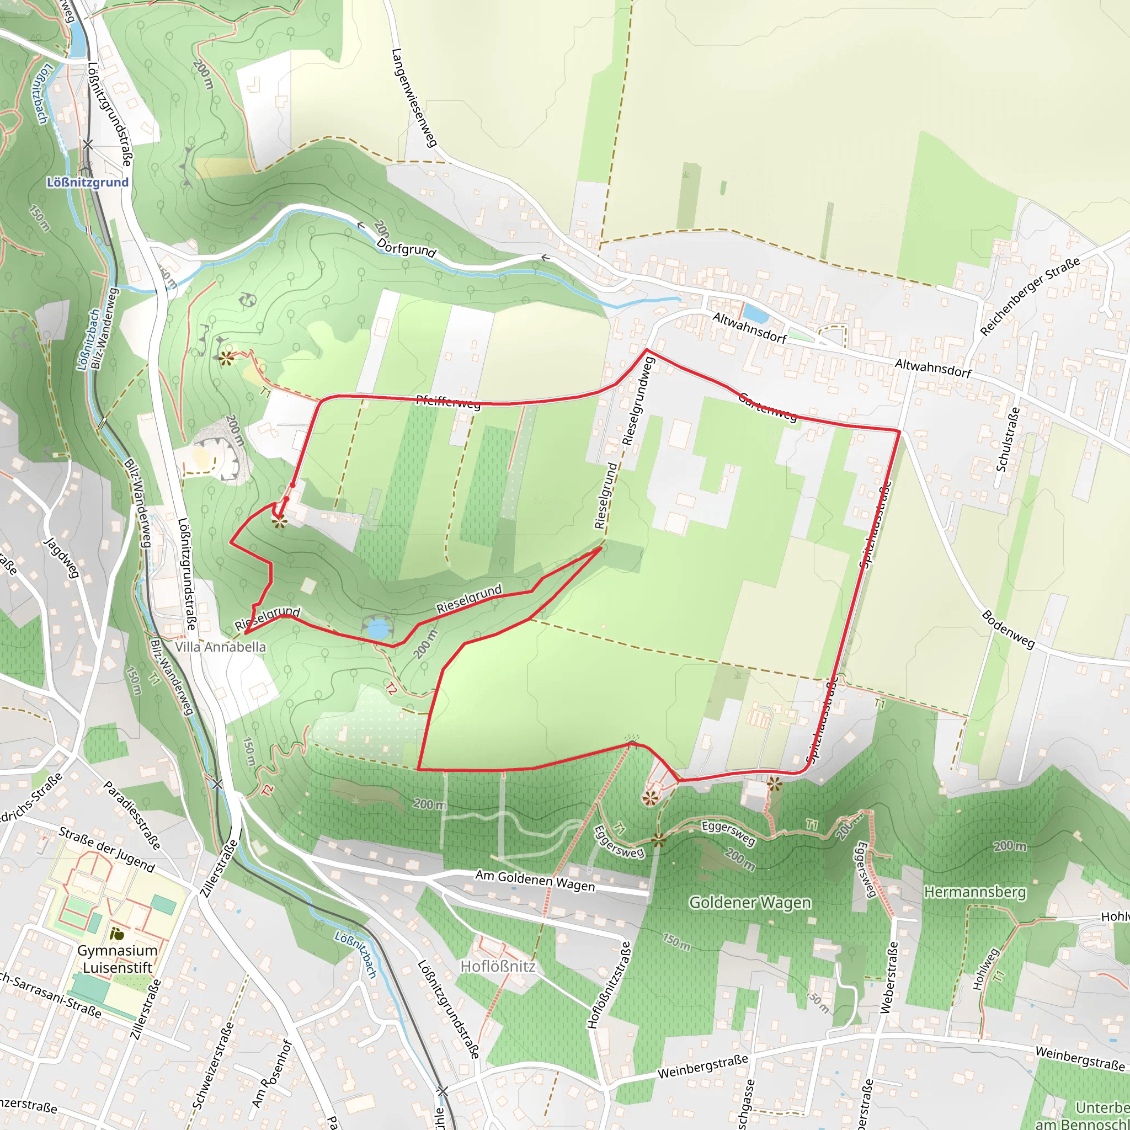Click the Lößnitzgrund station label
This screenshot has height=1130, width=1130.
88,183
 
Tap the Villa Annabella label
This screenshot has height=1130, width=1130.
221,647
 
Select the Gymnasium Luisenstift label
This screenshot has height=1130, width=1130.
118,958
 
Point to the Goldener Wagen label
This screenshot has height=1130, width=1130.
750,903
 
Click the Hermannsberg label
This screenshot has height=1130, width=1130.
974,892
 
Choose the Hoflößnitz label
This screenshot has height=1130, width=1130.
498,966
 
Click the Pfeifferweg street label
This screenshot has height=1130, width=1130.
448,402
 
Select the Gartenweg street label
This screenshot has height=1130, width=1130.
767,407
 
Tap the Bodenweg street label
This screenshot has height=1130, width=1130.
1008,630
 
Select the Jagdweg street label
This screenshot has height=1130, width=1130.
61,558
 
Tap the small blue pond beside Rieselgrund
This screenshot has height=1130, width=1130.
377,630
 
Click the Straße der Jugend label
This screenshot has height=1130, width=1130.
106,849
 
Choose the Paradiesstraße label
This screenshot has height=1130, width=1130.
132,815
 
